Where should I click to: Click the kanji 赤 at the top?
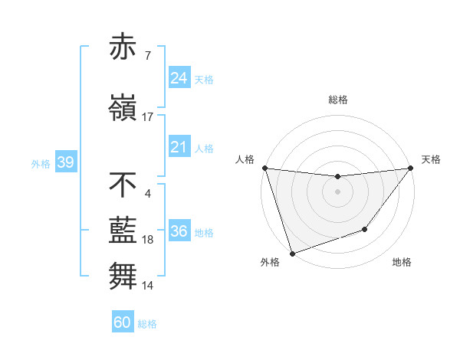[x=123, y=47]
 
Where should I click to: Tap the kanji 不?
[x=123, y=185]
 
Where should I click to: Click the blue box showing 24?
[x=179, y=77]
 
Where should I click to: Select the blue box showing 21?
[x=179, y=146]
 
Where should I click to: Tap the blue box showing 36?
[x=179, y=231]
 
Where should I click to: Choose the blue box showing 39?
[x=65, y=162]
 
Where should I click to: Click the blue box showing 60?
[x=123, y=322]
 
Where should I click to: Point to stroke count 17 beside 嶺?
[x=148, y=117]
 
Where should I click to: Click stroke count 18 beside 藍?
[x=148, y=240]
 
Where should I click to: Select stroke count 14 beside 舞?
[x=148, y=286]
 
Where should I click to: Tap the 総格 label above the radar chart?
[x=338, y=100]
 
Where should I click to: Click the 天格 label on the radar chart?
[x=432, y=159]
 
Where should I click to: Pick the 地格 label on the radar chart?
[x=402, y=262]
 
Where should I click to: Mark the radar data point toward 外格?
[x=291, y=253]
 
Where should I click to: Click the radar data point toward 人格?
[x=264, y=168]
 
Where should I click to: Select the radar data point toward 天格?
[x=410, y=169]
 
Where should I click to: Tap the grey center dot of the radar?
[x=337, y=191]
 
